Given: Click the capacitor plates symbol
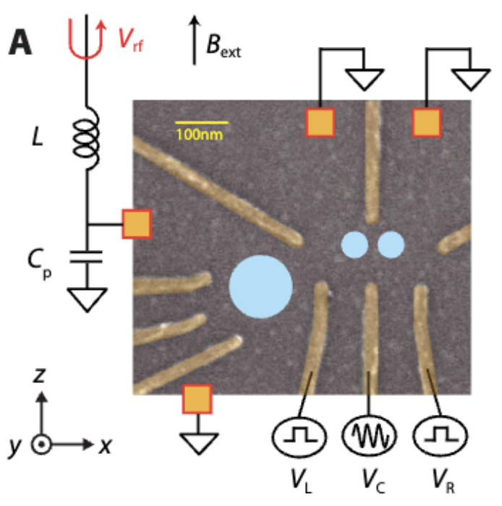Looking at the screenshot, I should coord(87,255).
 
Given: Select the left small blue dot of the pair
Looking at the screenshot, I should coord(354,244).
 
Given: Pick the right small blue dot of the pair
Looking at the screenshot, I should coord(391,244).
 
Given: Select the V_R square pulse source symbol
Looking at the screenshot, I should coord(440,436).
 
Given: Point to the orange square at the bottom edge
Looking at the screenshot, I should coord(196,399).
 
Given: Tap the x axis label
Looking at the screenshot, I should coord(106,445).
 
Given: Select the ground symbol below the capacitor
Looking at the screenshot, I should coord(87,299).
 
